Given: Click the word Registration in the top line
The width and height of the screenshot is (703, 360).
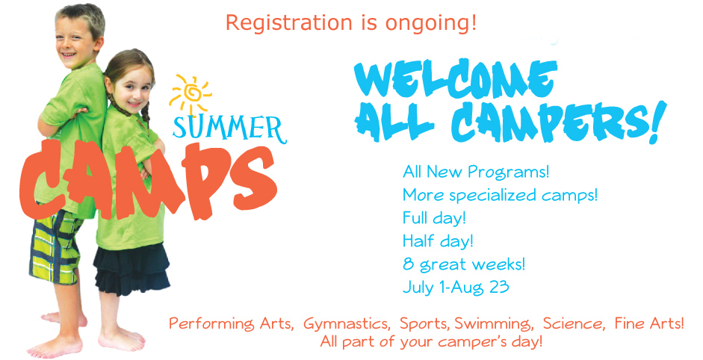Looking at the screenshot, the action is click(288, 22).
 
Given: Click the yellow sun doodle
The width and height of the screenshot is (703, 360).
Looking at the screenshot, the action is click(191, 95).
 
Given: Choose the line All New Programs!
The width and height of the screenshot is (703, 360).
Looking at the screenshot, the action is click(476, 172).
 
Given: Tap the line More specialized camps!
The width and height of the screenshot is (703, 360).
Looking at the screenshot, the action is click(500, 196).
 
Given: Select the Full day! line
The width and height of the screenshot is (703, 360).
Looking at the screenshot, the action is click(435, 218).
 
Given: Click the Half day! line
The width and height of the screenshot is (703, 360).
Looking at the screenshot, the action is click(438, 241).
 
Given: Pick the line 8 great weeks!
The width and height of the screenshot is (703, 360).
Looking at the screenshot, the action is click(464, 264).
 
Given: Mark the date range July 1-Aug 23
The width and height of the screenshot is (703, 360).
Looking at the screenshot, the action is click(456, 287).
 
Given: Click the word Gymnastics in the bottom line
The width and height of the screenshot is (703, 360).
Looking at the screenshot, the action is click(346, 323).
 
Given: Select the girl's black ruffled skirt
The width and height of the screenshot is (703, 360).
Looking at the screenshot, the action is click(131, 268).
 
